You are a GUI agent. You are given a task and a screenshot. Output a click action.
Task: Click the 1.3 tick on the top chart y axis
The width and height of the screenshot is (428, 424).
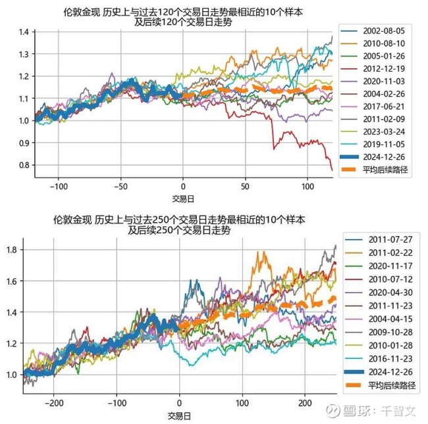point(26,55)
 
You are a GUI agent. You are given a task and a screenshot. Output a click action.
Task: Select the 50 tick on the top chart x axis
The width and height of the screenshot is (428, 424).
point(246,186)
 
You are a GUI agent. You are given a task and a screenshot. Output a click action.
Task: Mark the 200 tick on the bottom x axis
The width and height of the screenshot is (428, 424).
point(304,403)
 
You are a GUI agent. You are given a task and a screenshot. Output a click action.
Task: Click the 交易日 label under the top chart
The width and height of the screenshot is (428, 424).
point(183,198)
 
